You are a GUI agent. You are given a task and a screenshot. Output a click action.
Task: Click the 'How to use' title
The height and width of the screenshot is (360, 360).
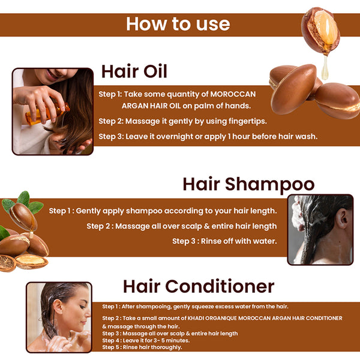tap(178, 24)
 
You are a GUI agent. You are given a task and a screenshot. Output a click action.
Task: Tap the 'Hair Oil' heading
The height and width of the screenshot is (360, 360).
tap(134, 71)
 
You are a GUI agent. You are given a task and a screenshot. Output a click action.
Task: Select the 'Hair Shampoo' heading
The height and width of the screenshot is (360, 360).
tap(248, 185)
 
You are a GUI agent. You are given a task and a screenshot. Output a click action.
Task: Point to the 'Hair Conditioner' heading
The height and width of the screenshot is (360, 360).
tap(199, 286)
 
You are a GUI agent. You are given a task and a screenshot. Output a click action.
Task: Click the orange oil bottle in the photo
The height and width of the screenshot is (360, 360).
tap(47, 113)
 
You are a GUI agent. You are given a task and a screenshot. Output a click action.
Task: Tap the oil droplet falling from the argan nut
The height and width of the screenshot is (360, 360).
tap(325, 68)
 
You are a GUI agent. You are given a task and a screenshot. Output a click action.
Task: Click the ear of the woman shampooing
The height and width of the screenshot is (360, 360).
tap(342, 218)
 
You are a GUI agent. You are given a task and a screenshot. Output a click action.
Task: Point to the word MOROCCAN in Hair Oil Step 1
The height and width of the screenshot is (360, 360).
tap(233, 94)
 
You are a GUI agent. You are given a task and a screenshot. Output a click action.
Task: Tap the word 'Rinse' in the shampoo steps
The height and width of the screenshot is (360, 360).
tap(212, 241)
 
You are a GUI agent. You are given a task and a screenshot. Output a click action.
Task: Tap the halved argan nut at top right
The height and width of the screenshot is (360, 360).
tap(320, 31)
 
